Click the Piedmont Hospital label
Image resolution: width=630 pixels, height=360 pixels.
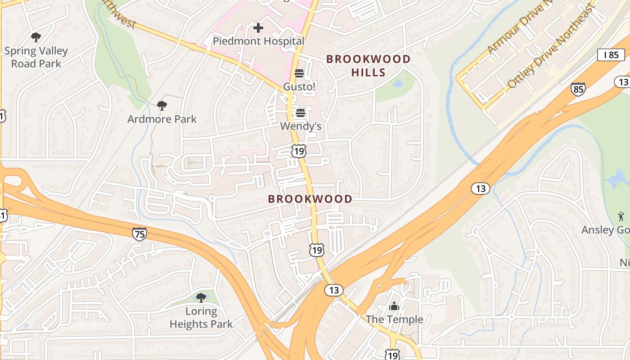(x=258, y=41)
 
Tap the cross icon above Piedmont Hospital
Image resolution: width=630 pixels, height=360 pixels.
(x=258, y=28)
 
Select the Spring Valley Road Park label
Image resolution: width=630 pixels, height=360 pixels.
(x=36, y=57)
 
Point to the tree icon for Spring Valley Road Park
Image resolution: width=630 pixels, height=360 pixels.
(x=36, y=37)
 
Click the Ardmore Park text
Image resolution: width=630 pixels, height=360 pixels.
(x=162, y=119)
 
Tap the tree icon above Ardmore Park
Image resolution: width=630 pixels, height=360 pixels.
(x=162, y=106)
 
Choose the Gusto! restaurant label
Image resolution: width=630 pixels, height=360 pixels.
(x=299, y=86)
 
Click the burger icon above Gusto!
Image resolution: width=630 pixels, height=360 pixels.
(x=299, y=73)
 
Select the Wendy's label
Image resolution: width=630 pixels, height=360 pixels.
(x=301, y=126)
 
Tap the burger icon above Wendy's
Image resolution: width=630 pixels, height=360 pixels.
(x=300, y=113)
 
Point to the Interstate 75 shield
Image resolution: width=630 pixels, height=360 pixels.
(x=139, y=234)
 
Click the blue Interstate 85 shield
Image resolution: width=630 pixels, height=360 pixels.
(x=578, y=89)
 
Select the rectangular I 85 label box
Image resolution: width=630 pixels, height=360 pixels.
(x=611, y=55)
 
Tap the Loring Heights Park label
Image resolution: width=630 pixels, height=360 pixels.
(x=201, y=317)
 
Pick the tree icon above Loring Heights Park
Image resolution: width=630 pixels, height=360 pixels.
(x=201, y=297)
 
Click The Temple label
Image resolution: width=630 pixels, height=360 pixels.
(x=394, y=319)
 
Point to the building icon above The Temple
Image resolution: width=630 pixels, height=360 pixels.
(x=394, y=306)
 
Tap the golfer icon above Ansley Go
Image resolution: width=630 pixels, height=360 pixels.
(x=621, y=216)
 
